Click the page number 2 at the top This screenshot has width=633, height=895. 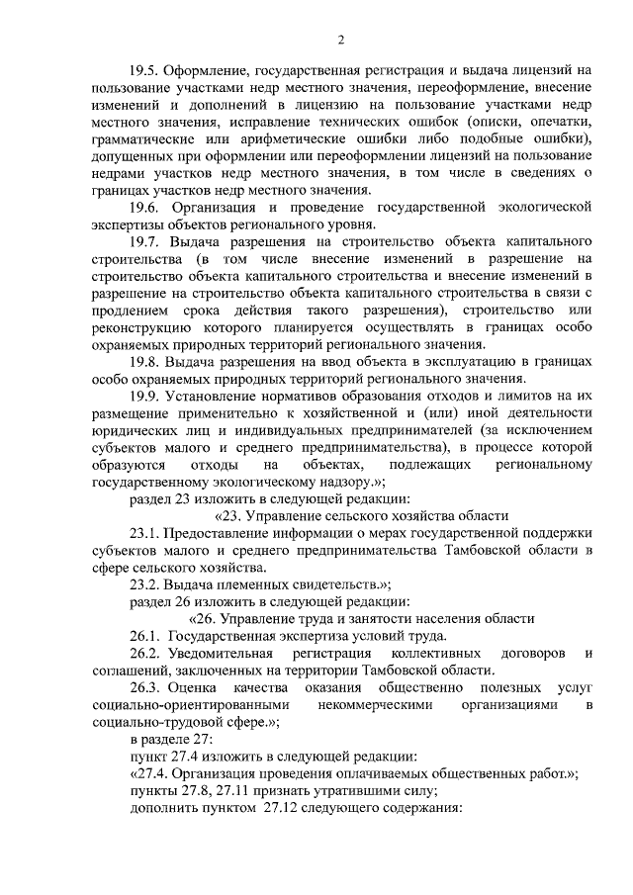(x=340, y=40)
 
